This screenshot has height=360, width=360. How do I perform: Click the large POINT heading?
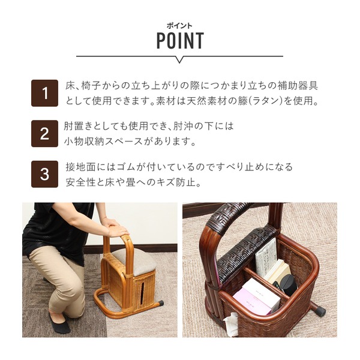[180, 40]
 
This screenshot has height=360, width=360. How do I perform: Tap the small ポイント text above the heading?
[179, 26]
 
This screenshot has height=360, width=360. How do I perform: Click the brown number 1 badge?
[44, 93]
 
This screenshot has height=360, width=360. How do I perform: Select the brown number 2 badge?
[44, 134]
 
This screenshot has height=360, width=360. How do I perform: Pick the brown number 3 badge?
[44, 174]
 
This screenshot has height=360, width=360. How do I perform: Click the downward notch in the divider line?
[179, 59]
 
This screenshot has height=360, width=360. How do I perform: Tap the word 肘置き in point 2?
[78, 126]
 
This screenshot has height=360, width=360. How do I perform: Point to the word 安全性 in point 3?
[80, 182]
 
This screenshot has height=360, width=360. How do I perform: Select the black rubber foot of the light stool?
[160, 303]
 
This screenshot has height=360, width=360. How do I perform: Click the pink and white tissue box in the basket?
[257, 297]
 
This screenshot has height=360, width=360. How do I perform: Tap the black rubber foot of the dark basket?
[319, 311]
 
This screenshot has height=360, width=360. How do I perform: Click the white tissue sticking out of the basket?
[231, 324]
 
